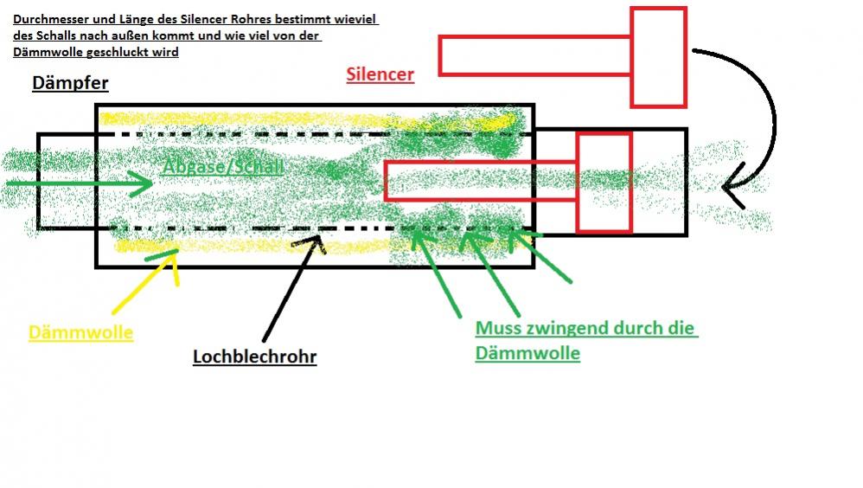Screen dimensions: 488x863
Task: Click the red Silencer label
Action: click(x=380, y=74)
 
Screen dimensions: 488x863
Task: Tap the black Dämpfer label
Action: click(x=70, y=83)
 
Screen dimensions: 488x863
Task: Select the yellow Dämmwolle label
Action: click(x=80, y=332)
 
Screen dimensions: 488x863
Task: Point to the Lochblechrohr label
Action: click(x=254, y=356)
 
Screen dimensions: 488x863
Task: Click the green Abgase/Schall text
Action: click(x=222, y=166)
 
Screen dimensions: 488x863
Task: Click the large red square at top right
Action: click(x=658, y=57)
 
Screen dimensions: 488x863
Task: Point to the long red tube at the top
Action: click(x=535, y=55)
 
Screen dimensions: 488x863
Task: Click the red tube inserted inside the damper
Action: click(x=481, y=181)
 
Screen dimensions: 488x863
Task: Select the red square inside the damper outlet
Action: click(x=604, y=182)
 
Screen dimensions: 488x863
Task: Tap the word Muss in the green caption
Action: click(x=498, y=329)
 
